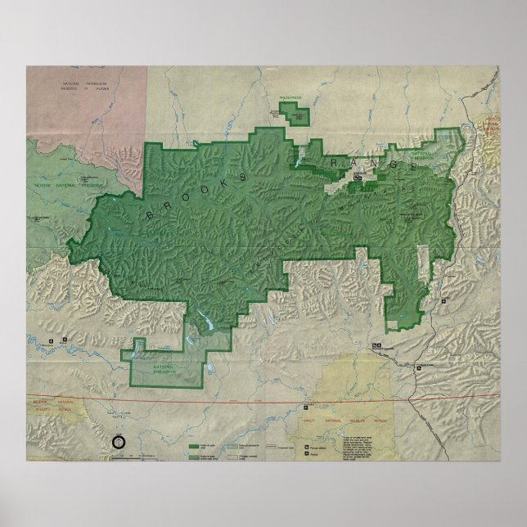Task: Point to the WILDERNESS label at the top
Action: pyautogui.click(x=290, y=98)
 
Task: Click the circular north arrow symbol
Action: pyautogui.click(x=118, y=442)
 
